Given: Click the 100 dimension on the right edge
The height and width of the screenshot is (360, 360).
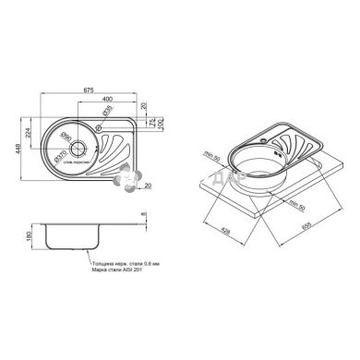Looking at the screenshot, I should click(x=159, y=123).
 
